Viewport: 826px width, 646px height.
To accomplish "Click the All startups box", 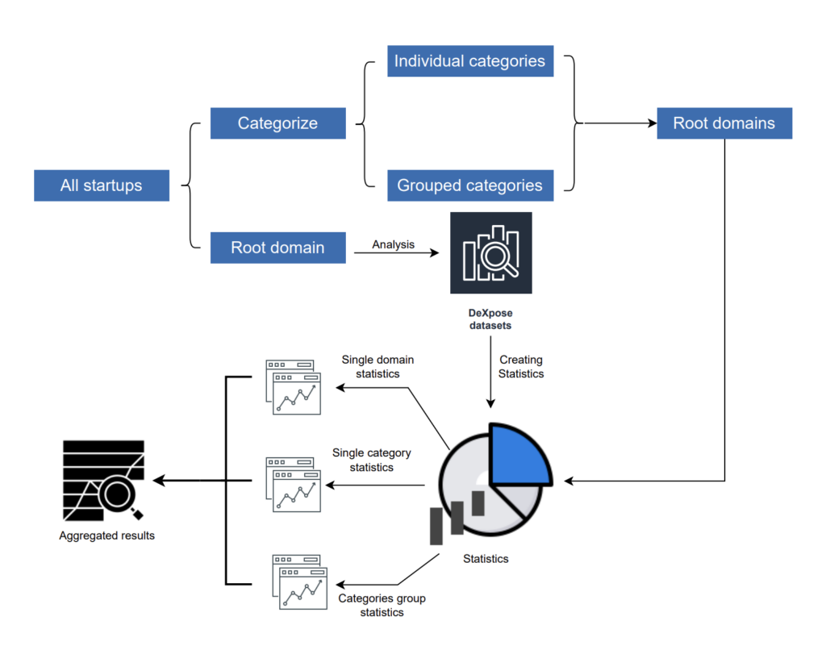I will point(102,185).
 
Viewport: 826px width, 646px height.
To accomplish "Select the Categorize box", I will point(277,123).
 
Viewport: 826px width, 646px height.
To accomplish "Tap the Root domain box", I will point(277,248).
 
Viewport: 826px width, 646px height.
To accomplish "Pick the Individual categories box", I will point(469,61).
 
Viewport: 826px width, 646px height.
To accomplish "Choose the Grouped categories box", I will point(469,185).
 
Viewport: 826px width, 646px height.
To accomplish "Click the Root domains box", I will point(724,123).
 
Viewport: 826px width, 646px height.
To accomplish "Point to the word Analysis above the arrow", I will point(393,244).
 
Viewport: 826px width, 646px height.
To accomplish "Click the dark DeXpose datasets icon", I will point(490,252).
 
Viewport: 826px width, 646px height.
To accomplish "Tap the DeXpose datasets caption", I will point(490,318).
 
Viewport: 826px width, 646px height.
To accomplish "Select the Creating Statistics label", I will point(521,366).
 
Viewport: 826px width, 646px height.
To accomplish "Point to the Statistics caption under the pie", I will point(486,558).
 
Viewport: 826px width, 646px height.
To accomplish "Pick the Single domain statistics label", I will point(378,366).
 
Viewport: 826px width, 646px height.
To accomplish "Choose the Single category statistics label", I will point(371,460).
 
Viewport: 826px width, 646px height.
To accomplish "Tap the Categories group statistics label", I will point(382,605).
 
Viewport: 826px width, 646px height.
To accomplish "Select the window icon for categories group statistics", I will point(298,581).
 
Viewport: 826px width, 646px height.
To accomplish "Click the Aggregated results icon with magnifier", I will point(103,481).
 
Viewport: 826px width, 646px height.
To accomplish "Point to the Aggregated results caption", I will point(106,536).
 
